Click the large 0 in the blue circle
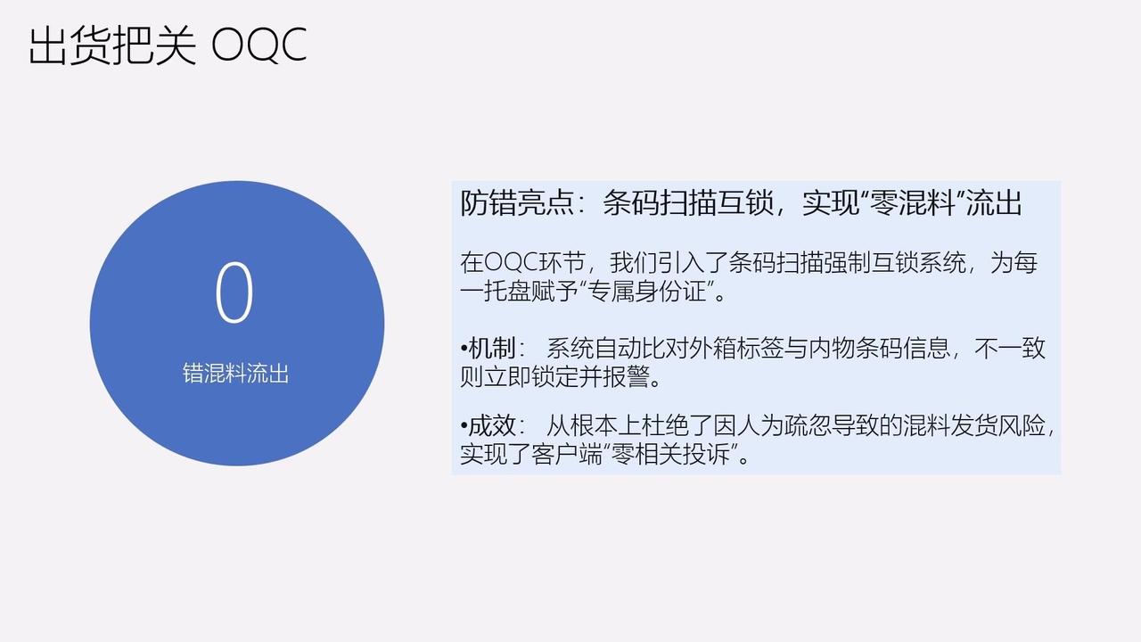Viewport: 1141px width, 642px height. [234, 292]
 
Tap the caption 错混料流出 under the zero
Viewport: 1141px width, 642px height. [236, 373]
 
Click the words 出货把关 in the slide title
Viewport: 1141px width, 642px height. [112, 45]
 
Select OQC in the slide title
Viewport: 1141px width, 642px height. [259, 45]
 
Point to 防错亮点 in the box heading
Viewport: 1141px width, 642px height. [517, 203]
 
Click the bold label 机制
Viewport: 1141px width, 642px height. [491, 349]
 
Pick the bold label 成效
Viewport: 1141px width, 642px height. [491, 426]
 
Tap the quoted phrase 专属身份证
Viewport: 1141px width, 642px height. [647, 292]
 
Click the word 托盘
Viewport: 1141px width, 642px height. [507, 292]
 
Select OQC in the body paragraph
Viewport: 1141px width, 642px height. [511, 263]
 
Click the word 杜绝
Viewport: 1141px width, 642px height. [665, 426]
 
